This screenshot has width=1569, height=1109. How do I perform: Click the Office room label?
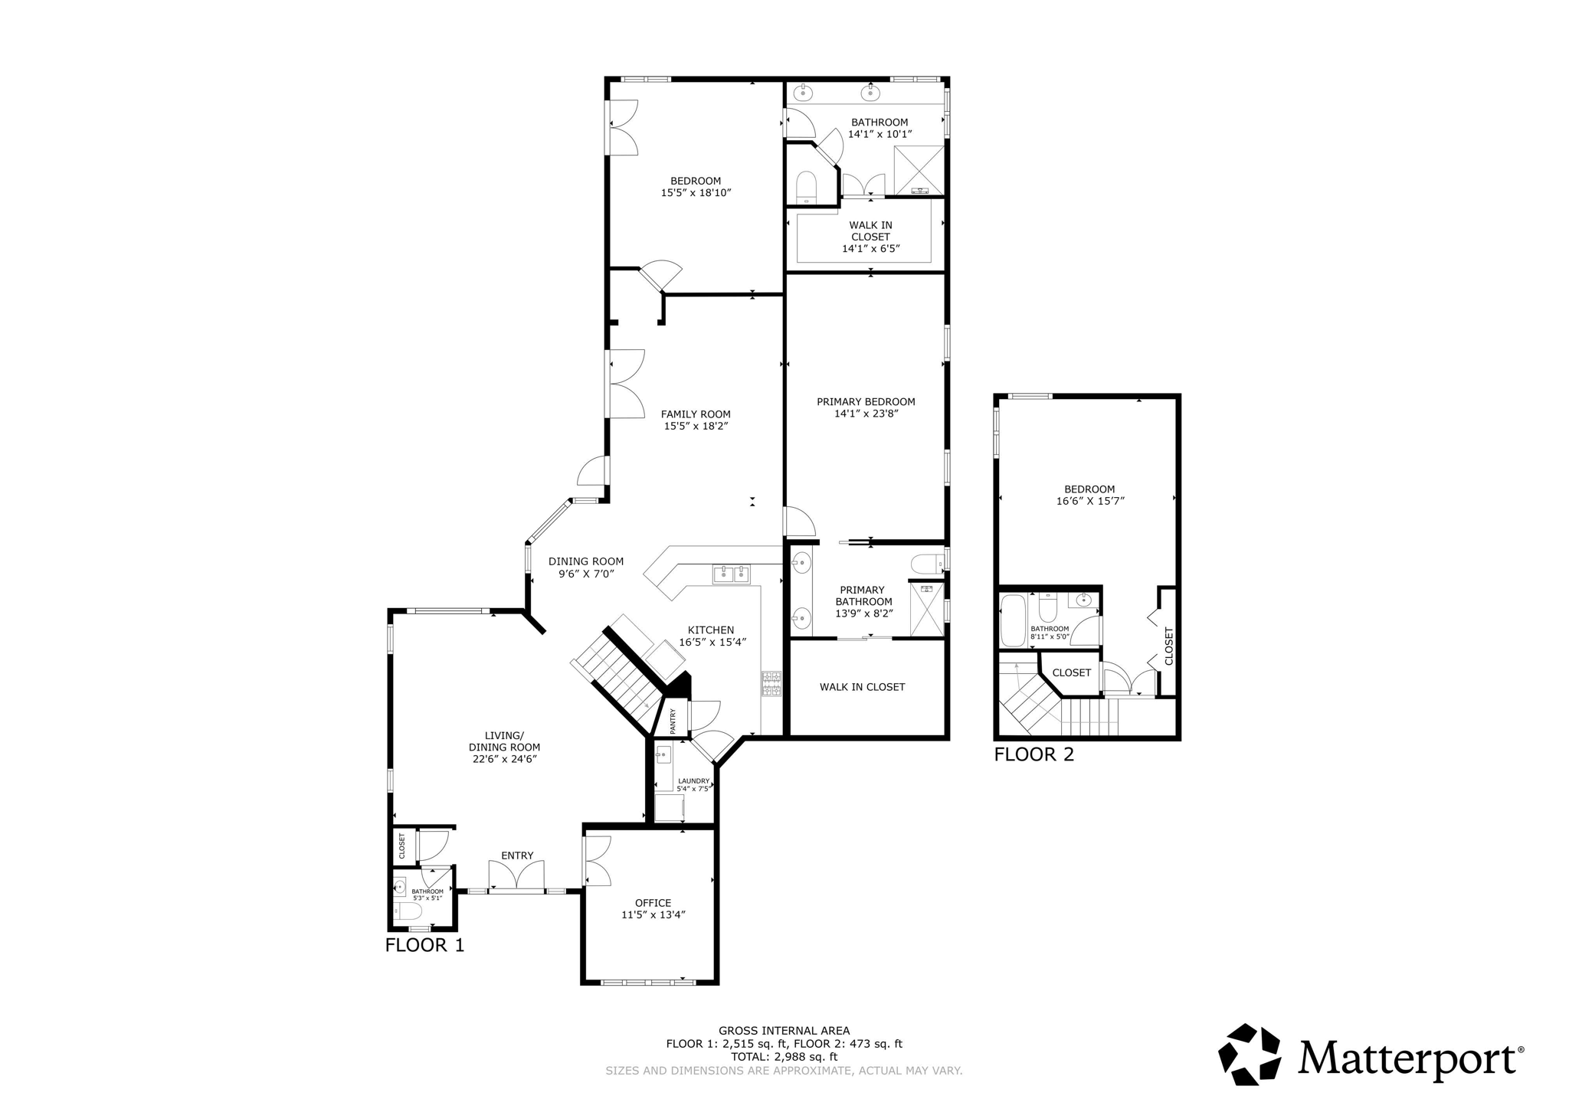(x=653, y=903)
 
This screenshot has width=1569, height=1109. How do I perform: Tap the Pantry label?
(x=673, y=721)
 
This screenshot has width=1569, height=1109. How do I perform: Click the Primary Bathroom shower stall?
(x=927, y=609)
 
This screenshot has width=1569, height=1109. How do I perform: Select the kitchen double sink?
(x=732, y=574)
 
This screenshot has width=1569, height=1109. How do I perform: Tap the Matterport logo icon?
(x=1249, y=1055)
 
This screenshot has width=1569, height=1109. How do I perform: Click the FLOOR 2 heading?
(x=1033, y=754)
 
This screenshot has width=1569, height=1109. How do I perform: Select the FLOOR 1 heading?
(x=424, y=945)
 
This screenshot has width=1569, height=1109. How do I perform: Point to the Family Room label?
(x=696, y=414)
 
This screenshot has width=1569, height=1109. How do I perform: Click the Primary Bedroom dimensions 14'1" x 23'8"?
(x=866, y=414)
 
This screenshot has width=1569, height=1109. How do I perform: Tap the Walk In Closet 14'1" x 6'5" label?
(x=870, y=237)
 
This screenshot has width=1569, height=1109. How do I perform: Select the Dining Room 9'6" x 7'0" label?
(x=586, y=567)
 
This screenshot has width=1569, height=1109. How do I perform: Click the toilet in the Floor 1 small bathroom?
(x=407, y=911)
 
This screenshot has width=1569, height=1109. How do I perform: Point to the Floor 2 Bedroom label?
(x=1089, y=489)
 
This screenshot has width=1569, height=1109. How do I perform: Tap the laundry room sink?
(x=663, y=755)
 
